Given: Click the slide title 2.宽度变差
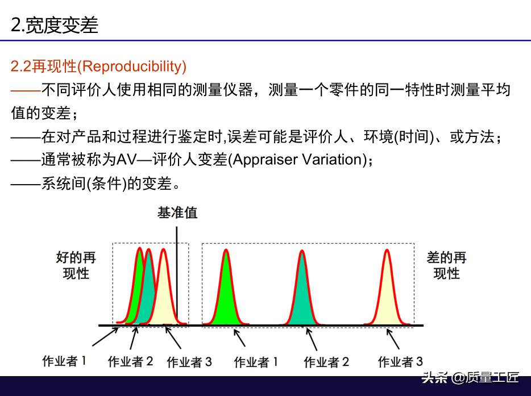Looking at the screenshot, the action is pyautogui.click(x=55, y=24).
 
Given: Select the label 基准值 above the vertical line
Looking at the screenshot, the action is pyautogui.click(x=177, y=213).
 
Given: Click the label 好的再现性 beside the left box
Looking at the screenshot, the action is pyautogui.click(x=76, y=265).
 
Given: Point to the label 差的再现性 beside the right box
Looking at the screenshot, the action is pyautogui.click(x=446, y=265).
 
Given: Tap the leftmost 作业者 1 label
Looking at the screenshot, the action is pyautogui.click(x=64, y=361).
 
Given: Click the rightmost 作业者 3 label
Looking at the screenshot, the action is pyautogui.click(x=400, y=361).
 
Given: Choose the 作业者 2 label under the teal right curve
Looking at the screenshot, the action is pyautogui.click(x=326, y=362).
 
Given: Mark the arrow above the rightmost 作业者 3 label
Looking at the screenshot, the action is pyautogui.click(x=393, y=339).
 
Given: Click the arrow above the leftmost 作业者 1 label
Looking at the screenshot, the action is pyautogui.click(x=105, y=336).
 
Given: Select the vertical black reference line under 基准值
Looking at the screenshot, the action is pyautogui.click(x=176, y=276).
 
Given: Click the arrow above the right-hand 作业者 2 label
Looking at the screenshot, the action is pyautogui.click(x=312, y=339).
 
